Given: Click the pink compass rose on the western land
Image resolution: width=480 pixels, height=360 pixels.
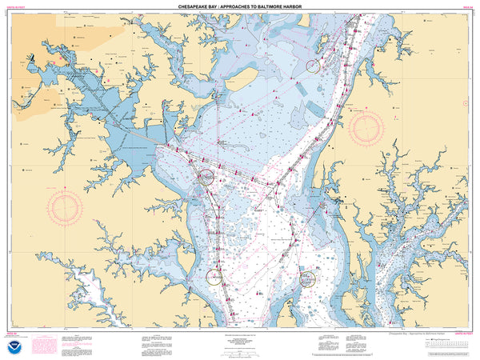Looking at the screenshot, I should pos(65,207).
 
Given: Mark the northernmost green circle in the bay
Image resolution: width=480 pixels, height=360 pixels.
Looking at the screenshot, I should pos(313,66).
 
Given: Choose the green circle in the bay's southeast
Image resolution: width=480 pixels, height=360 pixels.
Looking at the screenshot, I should pos(307,278).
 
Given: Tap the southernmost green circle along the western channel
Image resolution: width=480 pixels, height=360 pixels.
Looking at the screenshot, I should pos(214,277).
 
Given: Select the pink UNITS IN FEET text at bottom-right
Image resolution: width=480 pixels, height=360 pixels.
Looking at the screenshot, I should pos(462,328).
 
